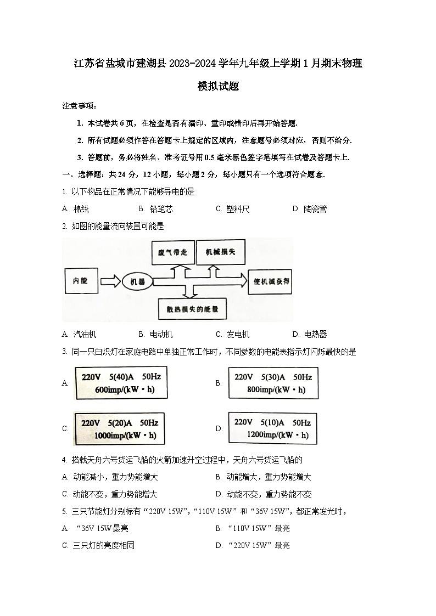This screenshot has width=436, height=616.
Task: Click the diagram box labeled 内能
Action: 80,281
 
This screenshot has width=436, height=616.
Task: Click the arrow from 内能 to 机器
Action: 109,281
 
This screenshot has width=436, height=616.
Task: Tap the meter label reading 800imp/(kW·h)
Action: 273,383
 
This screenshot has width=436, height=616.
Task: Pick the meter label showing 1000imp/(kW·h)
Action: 119,429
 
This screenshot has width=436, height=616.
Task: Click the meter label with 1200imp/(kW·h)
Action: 272,428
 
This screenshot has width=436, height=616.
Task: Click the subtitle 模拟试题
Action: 218,87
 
